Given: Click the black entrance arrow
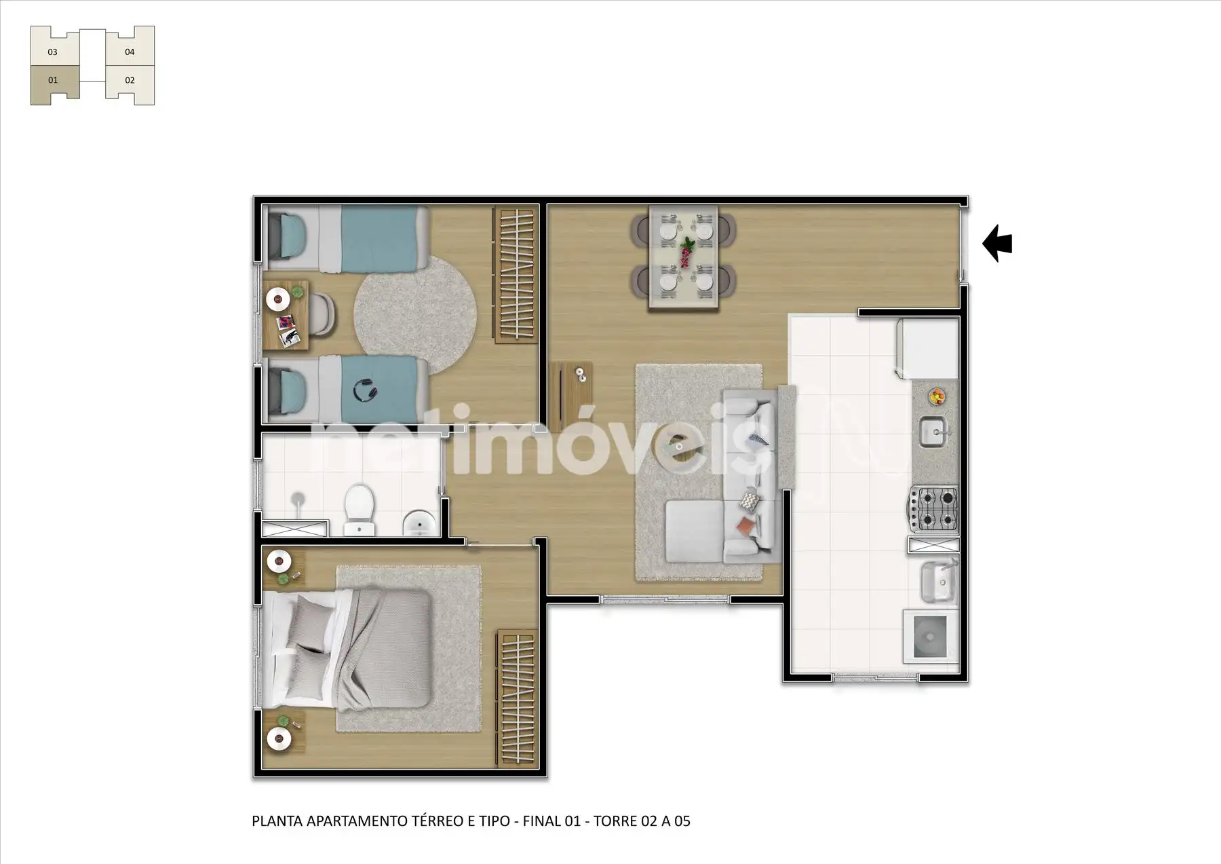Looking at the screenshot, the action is (997, 244).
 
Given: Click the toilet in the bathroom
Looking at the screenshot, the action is (357, 508).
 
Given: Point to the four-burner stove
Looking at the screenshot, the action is (933, 509).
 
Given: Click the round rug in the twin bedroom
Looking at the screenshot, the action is (414, 314).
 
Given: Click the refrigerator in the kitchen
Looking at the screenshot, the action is (927, 349).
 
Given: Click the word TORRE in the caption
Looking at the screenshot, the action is (615, 821).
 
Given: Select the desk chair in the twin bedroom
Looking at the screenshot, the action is (324, 314).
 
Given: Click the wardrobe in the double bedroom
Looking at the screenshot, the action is (518, 698).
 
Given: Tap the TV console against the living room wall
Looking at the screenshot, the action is (574, 396).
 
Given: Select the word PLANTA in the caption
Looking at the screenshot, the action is (277, 821).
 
